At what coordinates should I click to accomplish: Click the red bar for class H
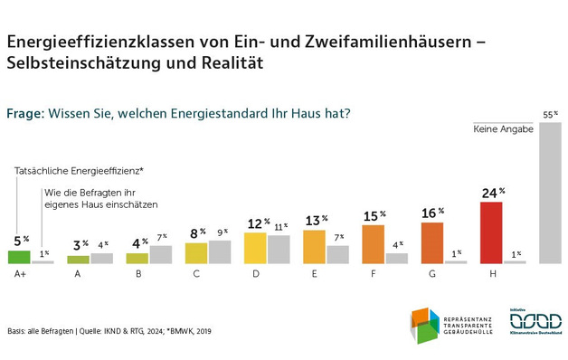point(490,232)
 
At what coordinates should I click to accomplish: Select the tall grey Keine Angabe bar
point(550,193)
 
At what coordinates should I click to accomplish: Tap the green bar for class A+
point(18,256)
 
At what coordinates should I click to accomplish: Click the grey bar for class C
point(220,251)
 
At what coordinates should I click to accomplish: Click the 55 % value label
point(550,115)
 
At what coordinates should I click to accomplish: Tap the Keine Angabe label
point(503,129)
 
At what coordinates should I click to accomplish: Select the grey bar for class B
point(160,254)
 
